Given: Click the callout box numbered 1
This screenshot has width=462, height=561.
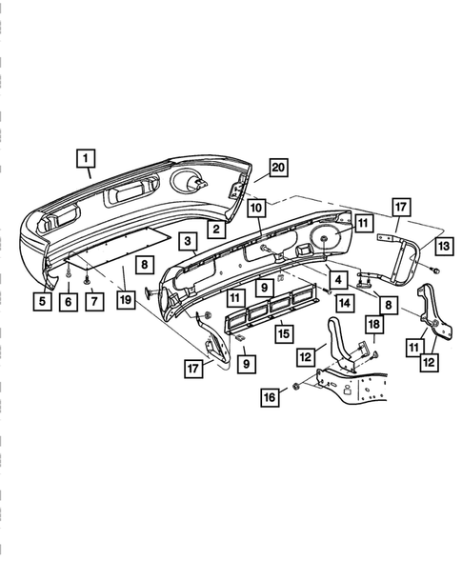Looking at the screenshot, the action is [86, 158].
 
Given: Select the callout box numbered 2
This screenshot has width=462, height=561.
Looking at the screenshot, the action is [216, 229].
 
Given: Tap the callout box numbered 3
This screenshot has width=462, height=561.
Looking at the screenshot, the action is [188, 242].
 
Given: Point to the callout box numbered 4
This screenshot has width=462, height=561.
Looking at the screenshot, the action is [338, 280].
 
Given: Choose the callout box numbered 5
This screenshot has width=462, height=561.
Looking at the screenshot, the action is [42, 301].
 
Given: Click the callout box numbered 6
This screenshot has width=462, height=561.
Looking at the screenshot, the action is [68, 302].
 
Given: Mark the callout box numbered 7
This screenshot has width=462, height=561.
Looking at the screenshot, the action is [94, 301].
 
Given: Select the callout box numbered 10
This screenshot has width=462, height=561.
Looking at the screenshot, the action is [256, 208].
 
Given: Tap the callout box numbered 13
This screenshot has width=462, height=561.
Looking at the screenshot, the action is [444, 246].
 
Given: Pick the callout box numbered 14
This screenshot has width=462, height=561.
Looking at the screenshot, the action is [344, 303].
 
